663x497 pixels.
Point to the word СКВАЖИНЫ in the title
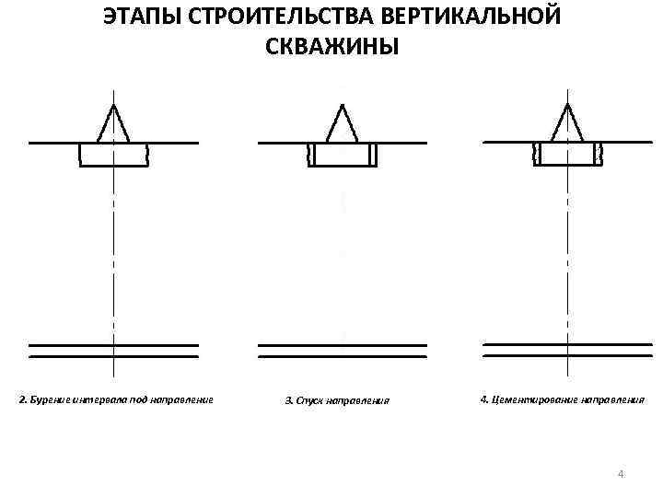coord(332,46)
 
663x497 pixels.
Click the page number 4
coord(621,474)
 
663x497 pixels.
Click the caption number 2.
coord(22,400)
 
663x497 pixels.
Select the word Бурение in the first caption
coord(47,400)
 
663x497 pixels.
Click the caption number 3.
coord(287,400)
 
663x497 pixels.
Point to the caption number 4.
coord(483,400)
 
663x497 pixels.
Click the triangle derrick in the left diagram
coord(113,124)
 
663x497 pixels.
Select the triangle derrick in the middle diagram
coord(342,124)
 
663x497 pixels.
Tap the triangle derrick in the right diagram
coord(566,124)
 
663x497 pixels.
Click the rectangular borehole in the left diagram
coord(113,155)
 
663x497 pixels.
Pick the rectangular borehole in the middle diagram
coord(342,155)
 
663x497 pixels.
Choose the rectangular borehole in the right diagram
coord(566,154)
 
